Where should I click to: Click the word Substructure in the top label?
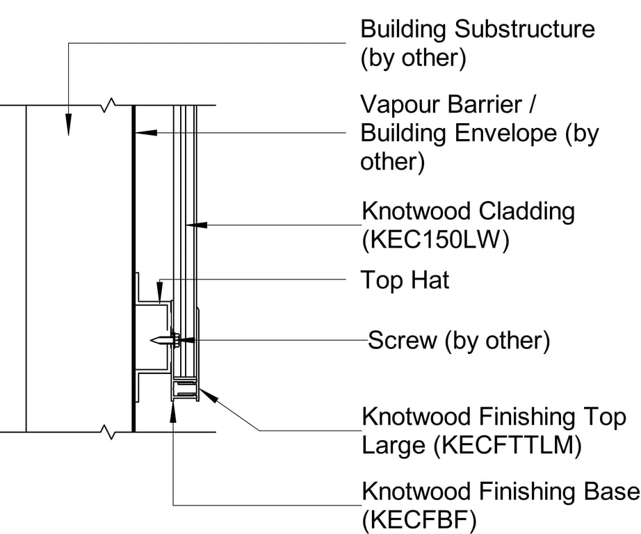[x=526, y=29]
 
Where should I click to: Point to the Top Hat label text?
[x=405, y=280]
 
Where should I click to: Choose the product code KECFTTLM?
[x=507, y=446]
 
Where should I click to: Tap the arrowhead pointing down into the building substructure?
[x=68, y=126]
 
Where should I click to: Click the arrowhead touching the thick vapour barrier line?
[x=141, y=131]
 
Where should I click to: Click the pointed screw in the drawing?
[x=162, y=341]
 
